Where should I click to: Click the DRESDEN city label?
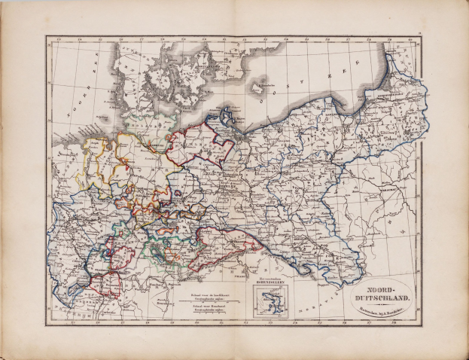[x=226, y=232]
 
